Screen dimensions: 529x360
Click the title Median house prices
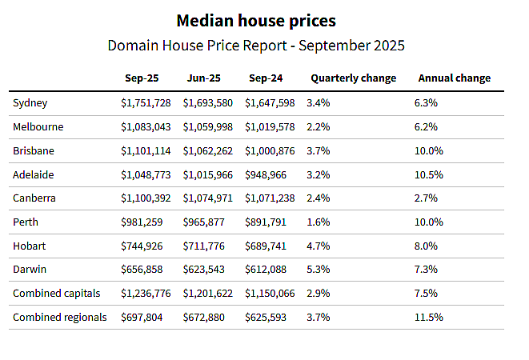tap(256, 21)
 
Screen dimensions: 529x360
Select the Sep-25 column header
tap(142, 78)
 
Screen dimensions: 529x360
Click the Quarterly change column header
tap(353, 78)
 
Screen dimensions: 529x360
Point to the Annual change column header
tap(455, 78)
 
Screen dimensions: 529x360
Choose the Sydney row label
tap(30, 103)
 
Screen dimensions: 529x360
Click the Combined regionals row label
tap(60, 318)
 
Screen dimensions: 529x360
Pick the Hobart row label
tap(29, 246)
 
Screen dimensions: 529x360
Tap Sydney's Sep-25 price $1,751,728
tap(146, 103)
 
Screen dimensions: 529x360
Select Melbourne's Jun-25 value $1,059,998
tap(208, 127)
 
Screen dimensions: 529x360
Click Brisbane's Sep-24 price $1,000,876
tap(270, 151)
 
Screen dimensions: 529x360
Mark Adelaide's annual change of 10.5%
tap(428, 174)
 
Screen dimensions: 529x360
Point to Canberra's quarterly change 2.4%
tap(319, 198)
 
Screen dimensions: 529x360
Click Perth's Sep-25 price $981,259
tap(142, 222)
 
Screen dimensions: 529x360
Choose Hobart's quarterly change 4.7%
tap(319, 246)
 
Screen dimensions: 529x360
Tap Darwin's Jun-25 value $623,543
tap(204, 270)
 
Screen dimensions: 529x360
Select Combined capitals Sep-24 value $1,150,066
tap(270, 293)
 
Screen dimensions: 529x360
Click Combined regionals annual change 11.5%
tap(428, 318)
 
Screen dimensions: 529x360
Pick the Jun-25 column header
tap(204, 78)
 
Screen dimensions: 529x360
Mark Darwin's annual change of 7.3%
tap(426, 270)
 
